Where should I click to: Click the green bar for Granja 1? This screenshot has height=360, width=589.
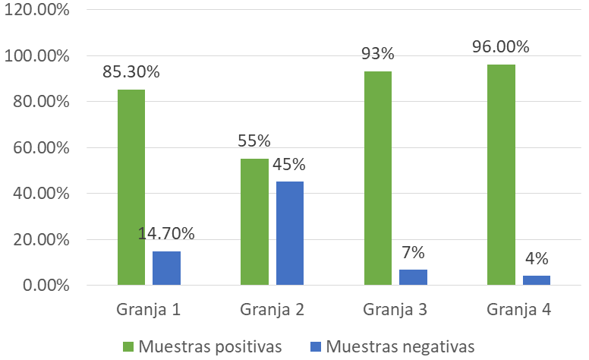click(131, 188)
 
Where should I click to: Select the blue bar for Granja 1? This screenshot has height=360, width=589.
click(166, 268)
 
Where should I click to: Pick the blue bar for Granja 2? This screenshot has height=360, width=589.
click(289, 233)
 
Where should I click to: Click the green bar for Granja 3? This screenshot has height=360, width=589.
click(378, 178)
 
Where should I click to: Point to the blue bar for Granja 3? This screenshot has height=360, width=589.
click(413, 277)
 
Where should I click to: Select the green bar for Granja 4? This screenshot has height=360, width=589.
click(501, 175)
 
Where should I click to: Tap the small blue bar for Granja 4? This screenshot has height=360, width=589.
click(536, 280)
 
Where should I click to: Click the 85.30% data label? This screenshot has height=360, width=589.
click(131, 73)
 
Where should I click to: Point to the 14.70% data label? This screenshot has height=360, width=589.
click(166, 233)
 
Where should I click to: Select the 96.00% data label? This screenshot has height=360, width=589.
click(501, 47)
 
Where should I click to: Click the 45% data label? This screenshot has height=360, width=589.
click(289, 165)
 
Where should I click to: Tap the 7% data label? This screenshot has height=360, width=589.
click(413, 252)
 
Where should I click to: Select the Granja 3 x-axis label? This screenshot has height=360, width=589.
click(395, 310)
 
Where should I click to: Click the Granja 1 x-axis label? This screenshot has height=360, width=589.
click(149, 310)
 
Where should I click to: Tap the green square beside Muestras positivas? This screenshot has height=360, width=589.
click(128, 347)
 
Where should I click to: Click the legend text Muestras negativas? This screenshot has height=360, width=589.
click(401, 346)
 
